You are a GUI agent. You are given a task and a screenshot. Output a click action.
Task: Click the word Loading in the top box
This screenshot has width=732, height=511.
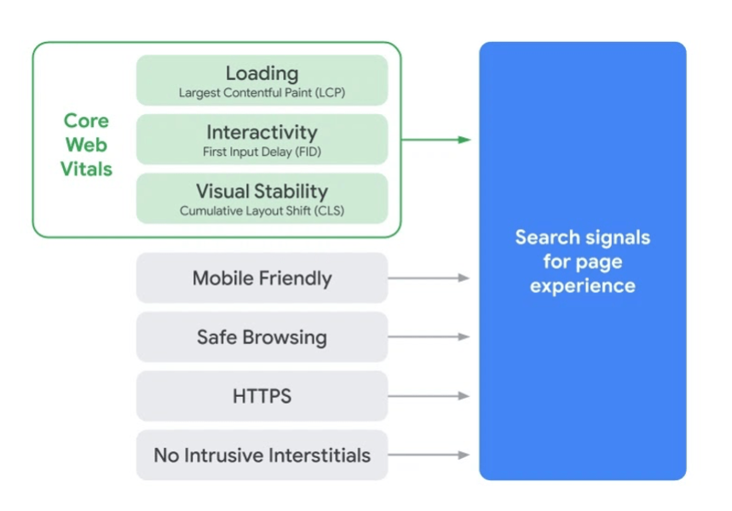[262, 73]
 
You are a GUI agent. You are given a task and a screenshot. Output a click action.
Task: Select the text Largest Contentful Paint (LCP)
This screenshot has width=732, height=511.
[262, 93]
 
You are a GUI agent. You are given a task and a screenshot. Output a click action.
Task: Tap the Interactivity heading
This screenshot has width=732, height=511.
[262, 132]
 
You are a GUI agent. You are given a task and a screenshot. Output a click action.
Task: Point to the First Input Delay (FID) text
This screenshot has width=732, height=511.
[262, 152]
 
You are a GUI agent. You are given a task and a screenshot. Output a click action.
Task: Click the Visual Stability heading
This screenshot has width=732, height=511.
[262, 191]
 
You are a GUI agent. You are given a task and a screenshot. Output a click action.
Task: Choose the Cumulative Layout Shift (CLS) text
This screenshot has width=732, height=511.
[262, 210]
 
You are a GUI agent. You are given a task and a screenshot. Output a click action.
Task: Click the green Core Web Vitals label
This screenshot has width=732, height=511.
[86, 145]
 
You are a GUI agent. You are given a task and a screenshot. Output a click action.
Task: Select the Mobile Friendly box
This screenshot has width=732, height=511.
[262, 278]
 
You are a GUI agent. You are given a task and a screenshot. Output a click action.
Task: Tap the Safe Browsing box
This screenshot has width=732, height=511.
[262, 337]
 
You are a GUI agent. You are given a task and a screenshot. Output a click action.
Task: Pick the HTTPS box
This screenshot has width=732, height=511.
[262, 396]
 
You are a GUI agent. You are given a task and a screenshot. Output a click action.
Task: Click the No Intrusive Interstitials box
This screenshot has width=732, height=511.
[262, 455]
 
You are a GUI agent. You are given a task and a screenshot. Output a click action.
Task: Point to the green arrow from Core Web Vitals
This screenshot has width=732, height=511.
[435, 140]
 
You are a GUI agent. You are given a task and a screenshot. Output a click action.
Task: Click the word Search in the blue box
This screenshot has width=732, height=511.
[546, 237]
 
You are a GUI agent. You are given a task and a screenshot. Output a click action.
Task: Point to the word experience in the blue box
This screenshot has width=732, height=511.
[582, 285]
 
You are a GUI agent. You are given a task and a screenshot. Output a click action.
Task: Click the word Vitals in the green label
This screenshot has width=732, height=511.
[86, 169]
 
